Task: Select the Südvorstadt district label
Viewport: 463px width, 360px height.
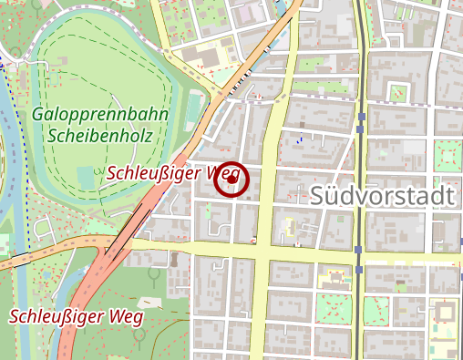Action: point(382,196)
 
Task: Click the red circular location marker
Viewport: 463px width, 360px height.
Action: point(231,180)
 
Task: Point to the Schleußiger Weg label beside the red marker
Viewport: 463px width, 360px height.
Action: point(169,172)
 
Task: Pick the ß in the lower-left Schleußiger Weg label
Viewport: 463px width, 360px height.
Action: point(72,317)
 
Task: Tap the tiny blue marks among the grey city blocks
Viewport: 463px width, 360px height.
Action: point(298,139)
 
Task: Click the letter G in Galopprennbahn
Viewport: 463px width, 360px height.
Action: point(38,116)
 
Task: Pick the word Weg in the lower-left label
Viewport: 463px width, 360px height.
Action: point(126,317)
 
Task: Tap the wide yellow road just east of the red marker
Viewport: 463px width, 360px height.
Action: point(267,182)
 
